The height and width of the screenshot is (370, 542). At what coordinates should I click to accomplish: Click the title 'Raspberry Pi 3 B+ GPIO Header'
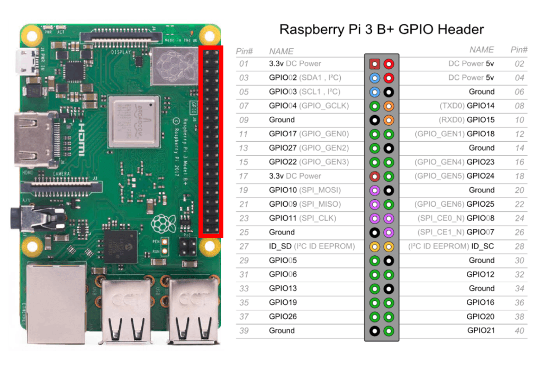click(x=381, y=29)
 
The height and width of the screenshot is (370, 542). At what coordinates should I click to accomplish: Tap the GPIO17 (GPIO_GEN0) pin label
click(x=309, y=134)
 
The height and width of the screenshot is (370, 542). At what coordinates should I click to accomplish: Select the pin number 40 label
click(x=519, y=331)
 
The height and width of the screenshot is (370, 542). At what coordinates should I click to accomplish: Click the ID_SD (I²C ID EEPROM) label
click(x=311, y=246)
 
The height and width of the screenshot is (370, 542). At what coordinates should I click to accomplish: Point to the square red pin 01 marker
click(x=375, y=64)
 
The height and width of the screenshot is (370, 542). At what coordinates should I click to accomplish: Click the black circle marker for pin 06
click(x=389, y=92)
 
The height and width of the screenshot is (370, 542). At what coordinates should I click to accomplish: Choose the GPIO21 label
click(x=481, y=331)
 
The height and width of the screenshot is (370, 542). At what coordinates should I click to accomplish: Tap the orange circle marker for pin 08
click(x=389, y=106)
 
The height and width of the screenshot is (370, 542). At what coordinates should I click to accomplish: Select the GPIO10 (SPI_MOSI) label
click(x=304, y=190)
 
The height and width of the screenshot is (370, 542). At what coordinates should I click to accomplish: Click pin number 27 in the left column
click(x=243, y=246)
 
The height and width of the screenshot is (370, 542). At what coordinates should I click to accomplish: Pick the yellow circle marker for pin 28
click(x=389, y=246)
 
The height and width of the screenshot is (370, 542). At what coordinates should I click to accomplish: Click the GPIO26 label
click(x=283, y=317)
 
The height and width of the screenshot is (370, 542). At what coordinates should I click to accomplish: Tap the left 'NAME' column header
click(x=281, y=51)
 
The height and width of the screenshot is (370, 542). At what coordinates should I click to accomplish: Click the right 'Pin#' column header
click(x=519, y=50)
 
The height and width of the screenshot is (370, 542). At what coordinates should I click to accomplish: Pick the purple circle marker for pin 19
click(x=375, y=190)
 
